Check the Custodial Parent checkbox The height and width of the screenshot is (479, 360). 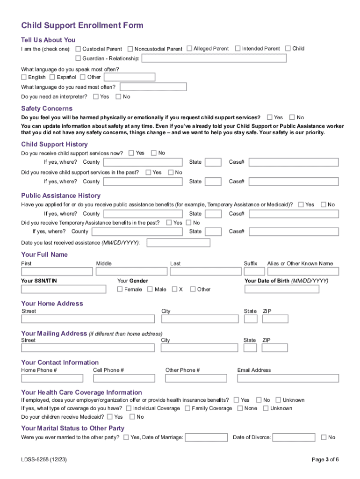click(x=78, y=49)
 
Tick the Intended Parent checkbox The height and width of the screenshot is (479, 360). click(x=238, y=48)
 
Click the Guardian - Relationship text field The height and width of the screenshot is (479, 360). click(x=214, y=58)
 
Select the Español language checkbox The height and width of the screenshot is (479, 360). click(x=52, y=77)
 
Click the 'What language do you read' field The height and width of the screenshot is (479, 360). click(x=152, y=87)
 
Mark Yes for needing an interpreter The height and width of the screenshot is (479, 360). click(x=95, y=97)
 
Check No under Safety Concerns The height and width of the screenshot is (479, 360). click(x=292, y=117)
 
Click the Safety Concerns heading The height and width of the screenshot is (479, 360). click(x=47, y=109)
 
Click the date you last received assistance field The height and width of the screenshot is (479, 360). click(x=178, y=243)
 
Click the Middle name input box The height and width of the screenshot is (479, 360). click(x=131, y=271)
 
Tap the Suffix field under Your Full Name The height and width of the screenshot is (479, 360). click(x=252, y=271)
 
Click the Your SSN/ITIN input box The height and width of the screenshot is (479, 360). click(x=64, y=289)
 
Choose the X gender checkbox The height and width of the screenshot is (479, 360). click(x=174, y=289)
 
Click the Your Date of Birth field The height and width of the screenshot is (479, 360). click(x=282, y=289)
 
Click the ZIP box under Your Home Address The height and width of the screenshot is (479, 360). click(x=275, y=319)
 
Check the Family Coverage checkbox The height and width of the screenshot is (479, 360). click(x=187, y=408)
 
